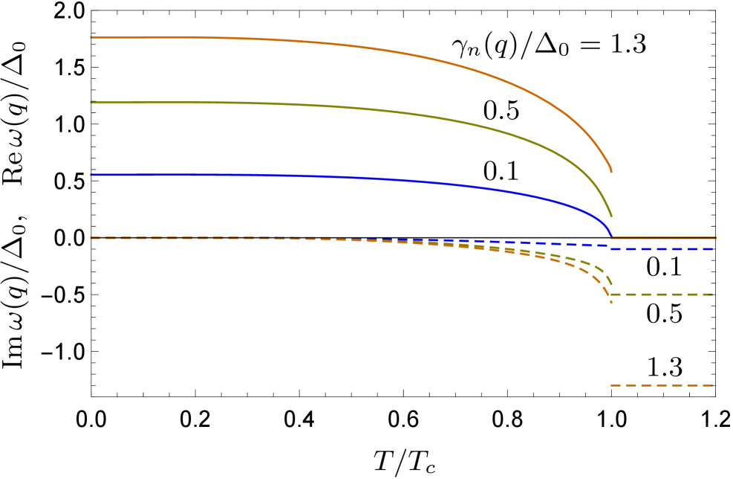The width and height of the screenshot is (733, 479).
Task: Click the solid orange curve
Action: click(x=371, y=48)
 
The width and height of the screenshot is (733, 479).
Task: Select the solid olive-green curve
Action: click(x=371, y=110)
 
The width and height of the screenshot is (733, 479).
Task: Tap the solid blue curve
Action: click(x=371, y=179)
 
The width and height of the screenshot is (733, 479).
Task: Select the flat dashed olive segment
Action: click(x=661, y=295)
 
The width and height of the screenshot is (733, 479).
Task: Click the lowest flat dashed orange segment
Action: click(x=661, y=385)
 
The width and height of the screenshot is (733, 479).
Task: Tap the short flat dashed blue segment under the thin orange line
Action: click(x=661, y=249)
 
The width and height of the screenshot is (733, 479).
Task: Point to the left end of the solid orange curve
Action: click(x=91, y=37)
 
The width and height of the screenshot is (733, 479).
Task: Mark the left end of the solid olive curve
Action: click(x=91, y=103)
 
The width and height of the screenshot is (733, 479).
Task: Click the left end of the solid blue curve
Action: click(x=91, y=175)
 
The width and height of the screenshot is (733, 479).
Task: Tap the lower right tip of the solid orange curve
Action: click(x=611, y=173)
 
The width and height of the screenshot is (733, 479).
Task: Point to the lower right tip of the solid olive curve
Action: click(x=611, y=216)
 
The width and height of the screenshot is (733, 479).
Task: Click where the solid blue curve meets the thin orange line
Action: click(x=611, y=237)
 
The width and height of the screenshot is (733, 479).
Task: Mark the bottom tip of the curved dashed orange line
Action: click(x=611, y=303)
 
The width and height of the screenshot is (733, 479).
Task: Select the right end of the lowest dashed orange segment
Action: click(x=713, y=385)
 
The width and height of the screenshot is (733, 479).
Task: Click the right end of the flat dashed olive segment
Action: click(x=713, y=295)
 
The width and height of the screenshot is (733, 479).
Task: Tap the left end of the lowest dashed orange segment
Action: click(x=611, y=385)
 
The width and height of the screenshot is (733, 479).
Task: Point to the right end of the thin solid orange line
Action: click(x=716, y=238)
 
